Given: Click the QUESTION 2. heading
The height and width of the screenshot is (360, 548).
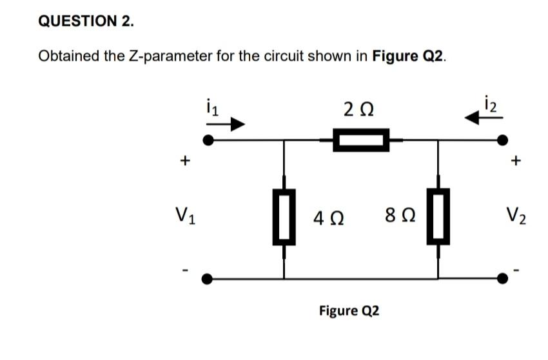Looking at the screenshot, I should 86,21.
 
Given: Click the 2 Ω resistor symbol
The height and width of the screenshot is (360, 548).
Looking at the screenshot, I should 361,139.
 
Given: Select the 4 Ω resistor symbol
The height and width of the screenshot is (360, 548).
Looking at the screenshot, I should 284,217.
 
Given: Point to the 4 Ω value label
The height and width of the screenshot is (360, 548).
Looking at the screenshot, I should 327,217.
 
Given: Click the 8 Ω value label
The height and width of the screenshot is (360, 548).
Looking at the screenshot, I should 394,217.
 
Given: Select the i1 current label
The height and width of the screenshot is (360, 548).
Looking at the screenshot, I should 208,106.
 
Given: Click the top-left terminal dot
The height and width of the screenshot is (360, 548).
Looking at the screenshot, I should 208,139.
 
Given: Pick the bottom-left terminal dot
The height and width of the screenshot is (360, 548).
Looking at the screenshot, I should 208,279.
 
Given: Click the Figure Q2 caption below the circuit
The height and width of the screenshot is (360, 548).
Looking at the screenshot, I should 349,311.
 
